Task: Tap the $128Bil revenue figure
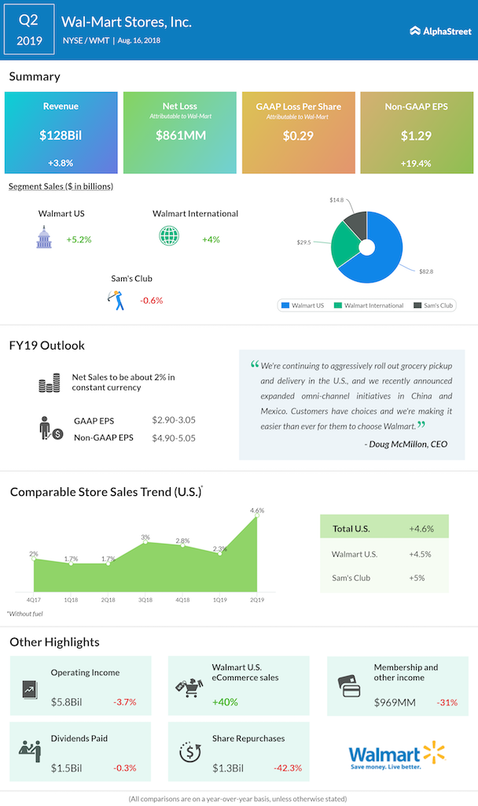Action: (61, 135)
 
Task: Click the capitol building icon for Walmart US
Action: (43, 238)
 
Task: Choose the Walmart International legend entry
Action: (371, 305)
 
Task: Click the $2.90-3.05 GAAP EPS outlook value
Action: (174, 423)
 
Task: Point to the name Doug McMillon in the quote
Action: (398, 445)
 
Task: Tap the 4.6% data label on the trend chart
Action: (257, 510)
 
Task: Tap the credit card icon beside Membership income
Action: (347, 683)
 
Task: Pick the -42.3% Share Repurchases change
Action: (286, 767)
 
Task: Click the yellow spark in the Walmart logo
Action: (433, 752)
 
